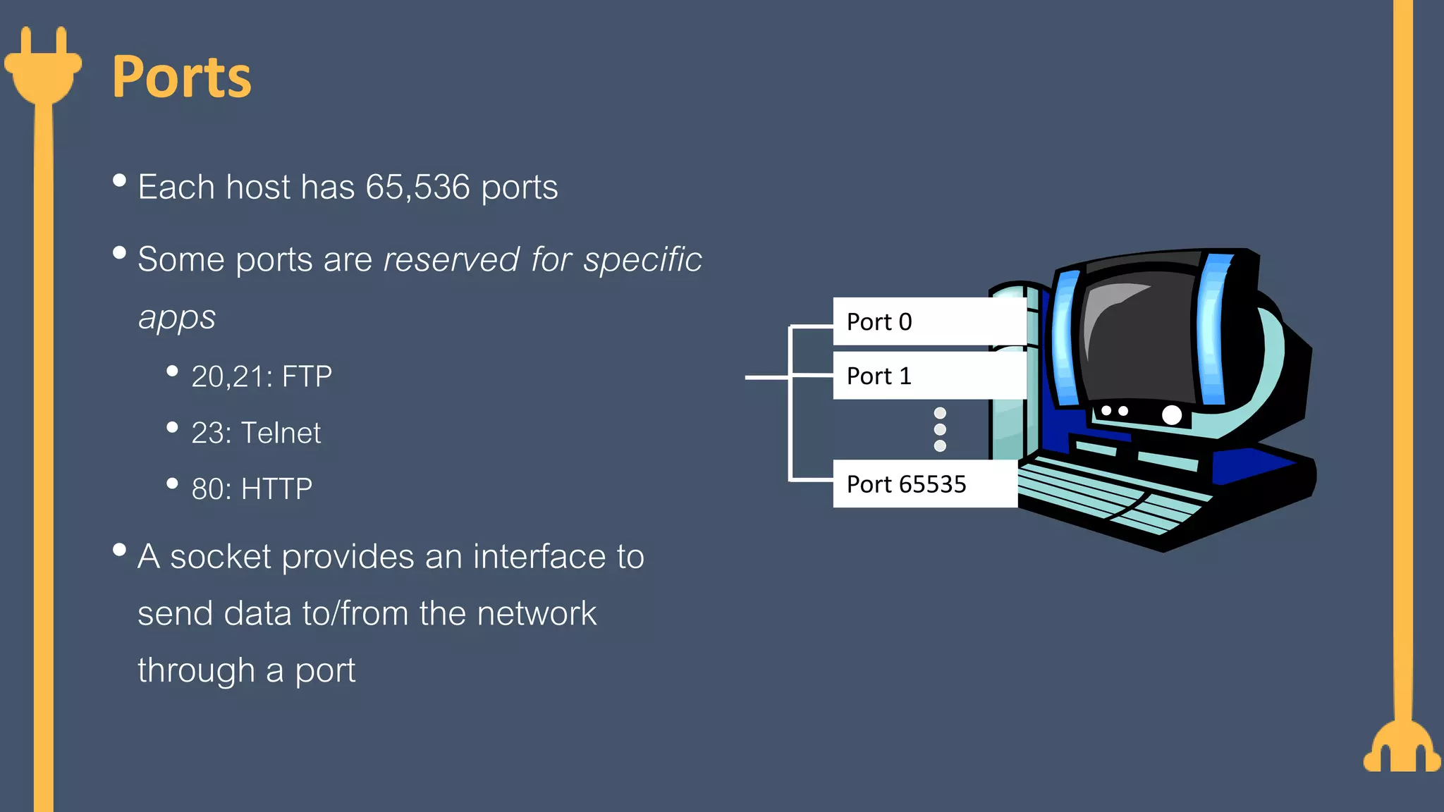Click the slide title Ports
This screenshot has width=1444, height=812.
click(x=181, y=77)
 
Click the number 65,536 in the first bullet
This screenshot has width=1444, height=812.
click(x=417, y=187)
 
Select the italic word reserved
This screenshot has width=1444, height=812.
click(x=451, y=259)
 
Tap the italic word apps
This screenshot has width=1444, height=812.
click(x=176, y=318)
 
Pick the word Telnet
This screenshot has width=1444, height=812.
click(x=281, y=433)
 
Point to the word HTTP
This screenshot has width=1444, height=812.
click(x=276, y=489)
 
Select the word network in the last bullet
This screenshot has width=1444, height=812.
click(x=536, y=613)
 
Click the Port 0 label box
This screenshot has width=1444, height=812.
click(x=928, y=321)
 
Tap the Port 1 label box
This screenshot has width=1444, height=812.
click(x=928, y=376)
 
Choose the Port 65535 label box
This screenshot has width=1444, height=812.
click(x=924, y=484)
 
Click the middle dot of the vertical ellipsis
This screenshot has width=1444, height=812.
click(x=940, y=429)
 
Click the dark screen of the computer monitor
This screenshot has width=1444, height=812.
click(x=1139, y=338)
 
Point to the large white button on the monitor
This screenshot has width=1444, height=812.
click(x=1171, y=414)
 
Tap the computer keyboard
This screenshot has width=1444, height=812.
click(x=1121, y=497)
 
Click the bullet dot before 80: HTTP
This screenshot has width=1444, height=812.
click(x=172, y=484)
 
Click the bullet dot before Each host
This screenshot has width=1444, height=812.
click(x=119, y=181)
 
